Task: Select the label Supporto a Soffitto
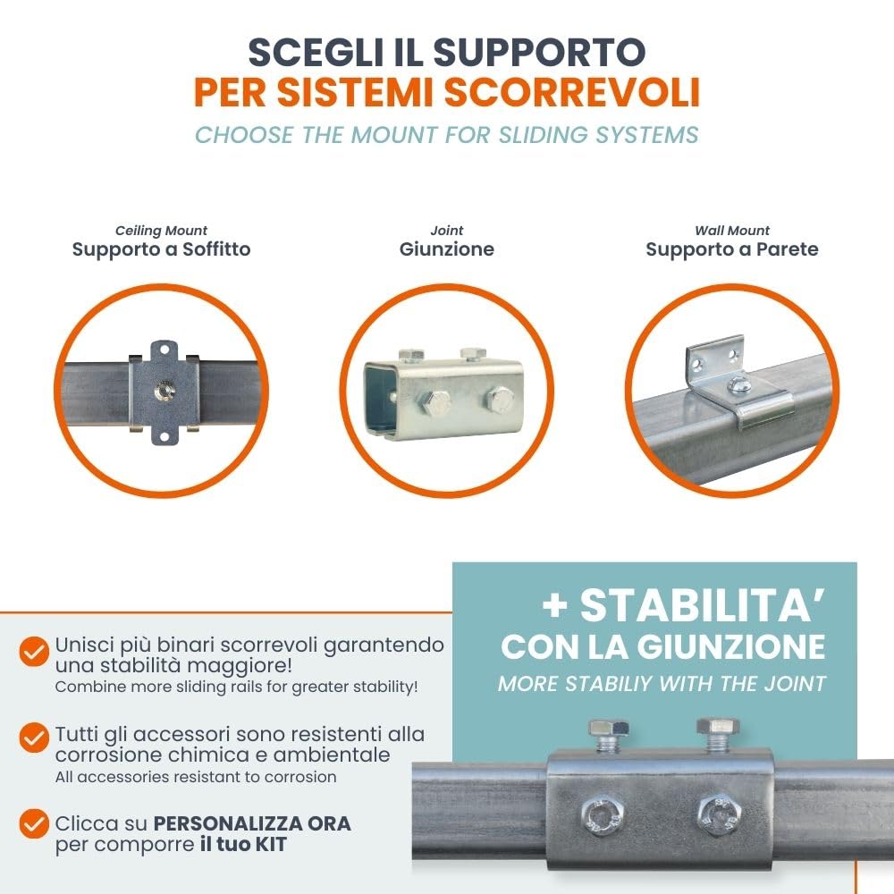[x=161, y=249]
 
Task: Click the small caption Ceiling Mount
[x=161, y=231]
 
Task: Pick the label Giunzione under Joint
[x=446, y=249]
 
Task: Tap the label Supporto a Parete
[x=731, y=249]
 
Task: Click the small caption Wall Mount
[x=731, y=231]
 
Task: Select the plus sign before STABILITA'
[x=555, y=608]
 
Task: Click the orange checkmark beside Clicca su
[x=34, y=823]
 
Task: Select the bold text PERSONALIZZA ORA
[x=252, y=822]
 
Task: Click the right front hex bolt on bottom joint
[x=714, y=814]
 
